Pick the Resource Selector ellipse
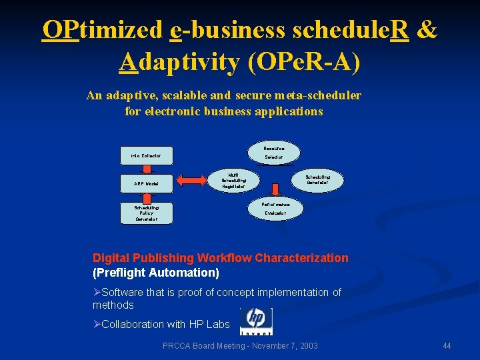pyautogui.click(x=274, y=153)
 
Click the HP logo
pyautogui.click(x=256, y=321)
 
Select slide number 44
pyautogui.click(x=447, y=345)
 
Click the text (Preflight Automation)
pyautogui.click(x=156, y=273)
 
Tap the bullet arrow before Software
pyautogui.click(x=97, y=293)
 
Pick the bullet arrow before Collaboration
pyautogui.click(x=97, y=324)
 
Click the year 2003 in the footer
pyautogui.click(x=306, y=345)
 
